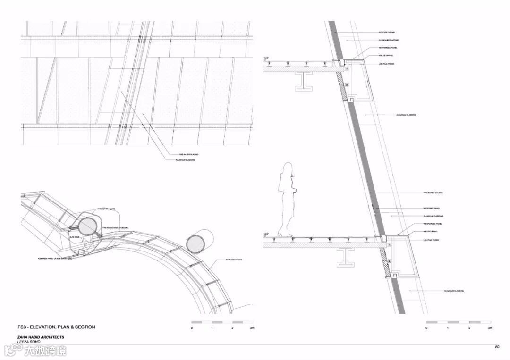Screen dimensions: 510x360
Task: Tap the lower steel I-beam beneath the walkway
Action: tap(346, 257)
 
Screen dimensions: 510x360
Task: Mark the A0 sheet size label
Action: tap(497, 347)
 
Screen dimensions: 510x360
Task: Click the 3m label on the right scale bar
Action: tap(490, 328)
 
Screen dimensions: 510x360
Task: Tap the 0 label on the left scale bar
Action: tap(192, 328)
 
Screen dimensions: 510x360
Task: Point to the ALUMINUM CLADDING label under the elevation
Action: tap(187, 160)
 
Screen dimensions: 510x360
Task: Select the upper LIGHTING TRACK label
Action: tap(386, 63)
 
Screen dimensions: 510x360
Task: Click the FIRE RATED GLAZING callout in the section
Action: tap(433, 193)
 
